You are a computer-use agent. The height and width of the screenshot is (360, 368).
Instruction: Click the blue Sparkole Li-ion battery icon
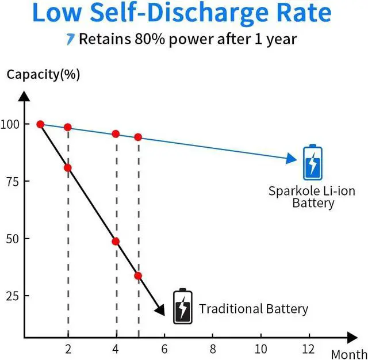tap(312, 163)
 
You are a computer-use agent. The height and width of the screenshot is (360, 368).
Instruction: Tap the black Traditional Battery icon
tap(182, 307)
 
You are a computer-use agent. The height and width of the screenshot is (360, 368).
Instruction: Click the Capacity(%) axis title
tap(43, 74)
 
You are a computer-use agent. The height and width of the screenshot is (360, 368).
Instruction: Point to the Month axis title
tap(349, 353)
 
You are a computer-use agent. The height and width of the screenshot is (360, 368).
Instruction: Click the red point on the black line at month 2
tap(68, 168)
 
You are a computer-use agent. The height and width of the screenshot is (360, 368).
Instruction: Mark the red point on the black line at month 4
tap(116, 242)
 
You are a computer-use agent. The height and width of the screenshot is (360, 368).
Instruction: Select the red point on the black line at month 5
tap(138, 276)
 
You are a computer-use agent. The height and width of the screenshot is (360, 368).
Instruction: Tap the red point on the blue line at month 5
tap(138, 137)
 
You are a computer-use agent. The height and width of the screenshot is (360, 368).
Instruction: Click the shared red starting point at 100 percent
tap(40, 124)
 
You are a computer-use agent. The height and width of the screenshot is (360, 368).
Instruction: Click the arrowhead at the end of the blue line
tap(291, 159)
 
